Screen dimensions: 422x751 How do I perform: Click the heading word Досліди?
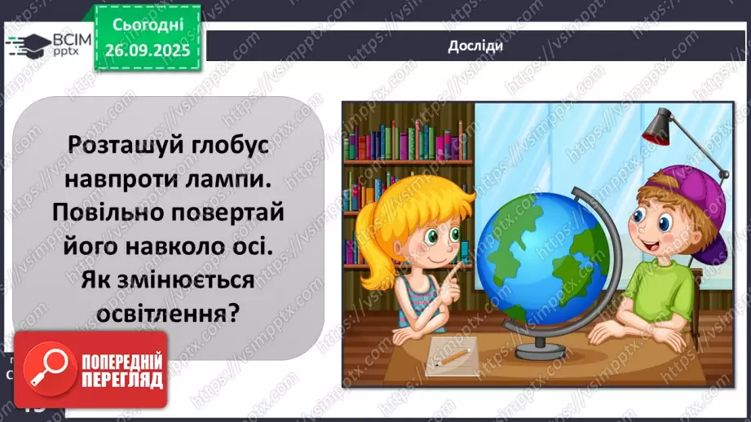coord(475,46)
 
